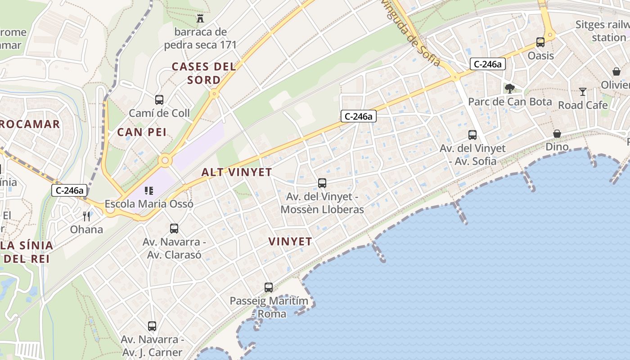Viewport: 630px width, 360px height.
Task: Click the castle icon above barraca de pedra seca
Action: [200, 18]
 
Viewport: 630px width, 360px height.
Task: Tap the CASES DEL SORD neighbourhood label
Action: [204, 73]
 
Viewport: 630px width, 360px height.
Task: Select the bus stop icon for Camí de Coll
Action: [159, 100]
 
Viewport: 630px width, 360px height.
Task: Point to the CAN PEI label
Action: [142, 132]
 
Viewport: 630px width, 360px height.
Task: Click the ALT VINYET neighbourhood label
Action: [237, 172]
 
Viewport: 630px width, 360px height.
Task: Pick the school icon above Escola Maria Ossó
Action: [149, 191]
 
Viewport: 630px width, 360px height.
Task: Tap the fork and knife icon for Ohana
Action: [86, 216]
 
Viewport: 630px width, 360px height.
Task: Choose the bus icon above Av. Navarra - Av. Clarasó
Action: [174, 229]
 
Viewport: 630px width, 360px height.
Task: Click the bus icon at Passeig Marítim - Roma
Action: [269, 287]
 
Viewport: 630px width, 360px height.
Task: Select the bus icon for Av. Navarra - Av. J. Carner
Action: [152, 326]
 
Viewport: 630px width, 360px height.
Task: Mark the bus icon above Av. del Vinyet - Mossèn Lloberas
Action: [322, 183]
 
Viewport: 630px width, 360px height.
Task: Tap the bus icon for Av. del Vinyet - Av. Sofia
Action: [472, 135]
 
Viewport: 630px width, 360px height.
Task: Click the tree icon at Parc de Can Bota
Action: [509, 88]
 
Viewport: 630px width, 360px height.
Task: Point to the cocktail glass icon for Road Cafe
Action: [583, 92]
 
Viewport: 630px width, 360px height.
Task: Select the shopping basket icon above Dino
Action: [557, 134]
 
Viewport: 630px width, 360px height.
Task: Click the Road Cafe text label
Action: [583, 105]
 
